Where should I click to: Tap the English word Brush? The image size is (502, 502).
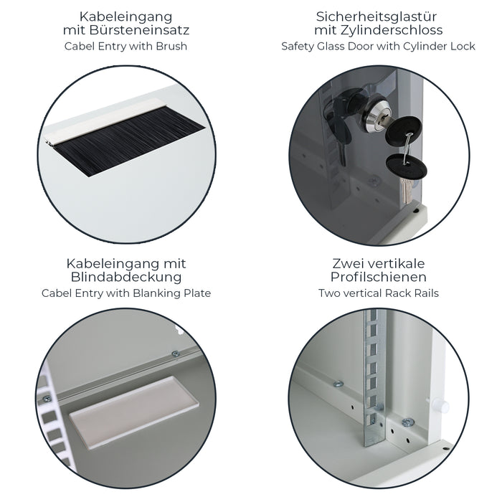click(x=173, y=46)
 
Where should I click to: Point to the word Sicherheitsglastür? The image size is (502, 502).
click(x=378, y=15)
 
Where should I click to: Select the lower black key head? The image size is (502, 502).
click(x=406, y=167)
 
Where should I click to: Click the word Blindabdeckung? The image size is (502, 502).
click(x=126, y=277)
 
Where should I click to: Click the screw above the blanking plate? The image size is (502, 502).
click(x=174, y=354)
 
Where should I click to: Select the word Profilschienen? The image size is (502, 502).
click(x=378, y=277)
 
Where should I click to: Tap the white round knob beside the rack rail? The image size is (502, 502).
click(x=443, y=406)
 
